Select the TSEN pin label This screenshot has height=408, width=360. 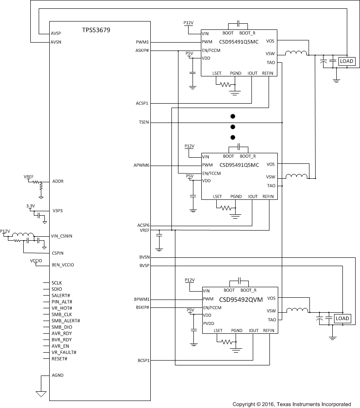click(x=143, y=122)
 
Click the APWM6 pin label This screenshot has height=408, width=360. click(x=142, y=166)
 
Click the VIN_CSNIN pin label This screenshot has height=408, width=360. click(x=62, y=236)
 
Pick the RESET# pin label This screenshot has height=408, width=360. click(x=59, y=358)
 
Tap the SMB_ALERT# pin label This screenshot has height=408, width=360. click(x=65, y=321)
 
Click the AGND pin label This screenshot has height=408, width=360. click(x=58, y=376)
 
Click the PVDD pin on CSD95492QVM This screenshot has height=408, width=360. click(x=209, y=324)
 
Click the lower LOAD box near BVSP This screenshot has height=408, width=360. click(x=342, y=318)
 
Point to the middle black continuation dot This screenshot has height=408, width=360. click(x=233, y=127)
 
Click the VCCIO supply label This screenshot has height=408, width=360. click(x=36, y=261)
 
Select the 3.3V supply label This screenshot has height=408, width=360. click(x=30, y=206)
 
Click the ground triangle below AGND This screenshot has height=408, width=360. click(x=41, y=394)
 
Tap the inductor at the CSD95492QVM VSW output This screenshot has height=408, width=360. click(x=297, y=310)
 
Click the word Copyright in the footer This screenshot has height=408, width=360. click(x=244, y=404)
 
